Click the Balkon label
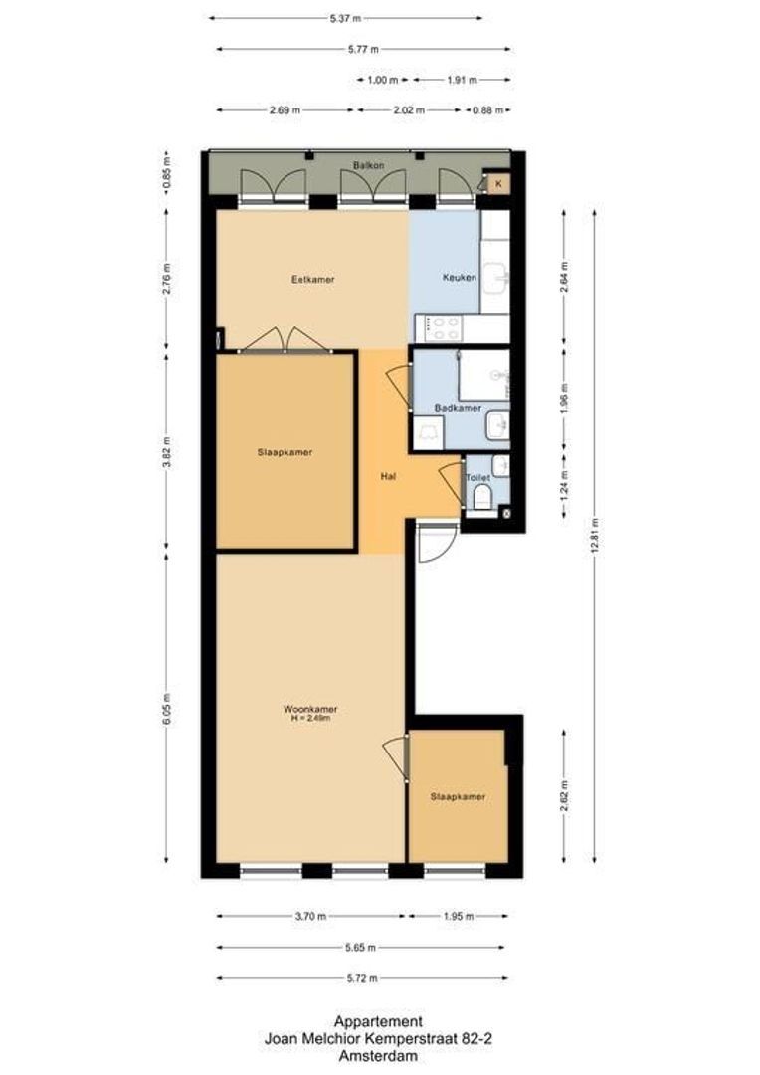coord(367,164)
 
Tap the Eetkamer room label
coord(312,280)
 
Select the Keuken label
coord(459,278)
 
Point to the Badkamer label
coord(458,408)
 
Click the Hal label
coord(390,477)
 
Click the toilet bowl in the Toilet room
coord(482,497)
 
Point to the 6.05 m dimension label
coord(166,709)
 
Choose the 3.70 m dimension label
coord(310,917)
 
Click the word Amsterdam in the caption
coord(378,1056)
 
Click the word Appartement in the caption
coord(378,1021)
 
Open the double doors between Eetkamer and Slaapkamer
coord(286,339)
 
